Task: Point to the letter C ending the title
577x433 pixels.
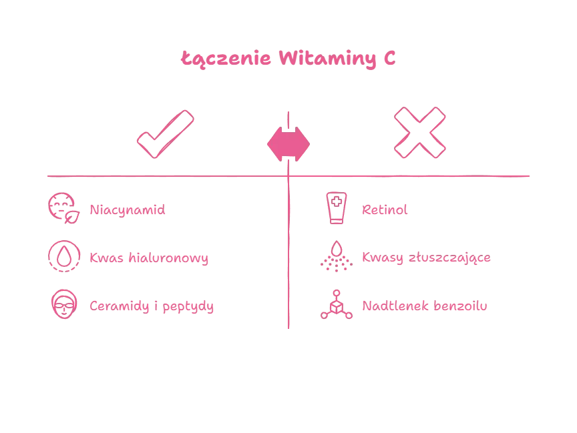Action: (391, 59)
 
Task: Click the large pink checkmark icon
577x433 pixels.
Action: (165, 133)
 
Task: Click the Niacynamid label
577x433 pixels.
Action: (126, 211)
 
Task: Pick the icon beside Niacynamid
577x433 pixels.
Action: (64, 207)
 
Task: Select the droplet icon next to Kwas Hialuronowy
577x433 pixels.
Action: (64, 256)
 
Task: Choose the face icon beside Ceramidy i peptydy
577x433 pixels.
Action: (64, 305)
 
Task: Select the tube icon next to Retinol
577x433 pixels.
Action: (336, 207)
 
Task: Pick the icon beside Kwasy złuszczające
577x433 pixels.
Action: (336, 256)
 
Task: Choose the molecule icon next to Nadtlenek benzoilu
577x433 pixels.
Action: (336, 305)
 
